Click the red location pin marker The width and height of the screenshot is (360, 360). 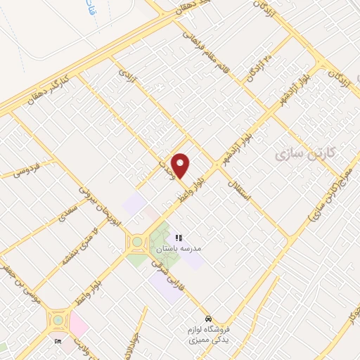[x=181, y=165]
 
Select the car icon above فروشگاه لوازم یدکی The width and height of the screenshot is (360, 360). [x=207, y=315]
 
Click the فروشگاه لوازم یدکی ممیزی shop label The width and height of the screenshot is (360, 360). [x=212, y=335]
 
